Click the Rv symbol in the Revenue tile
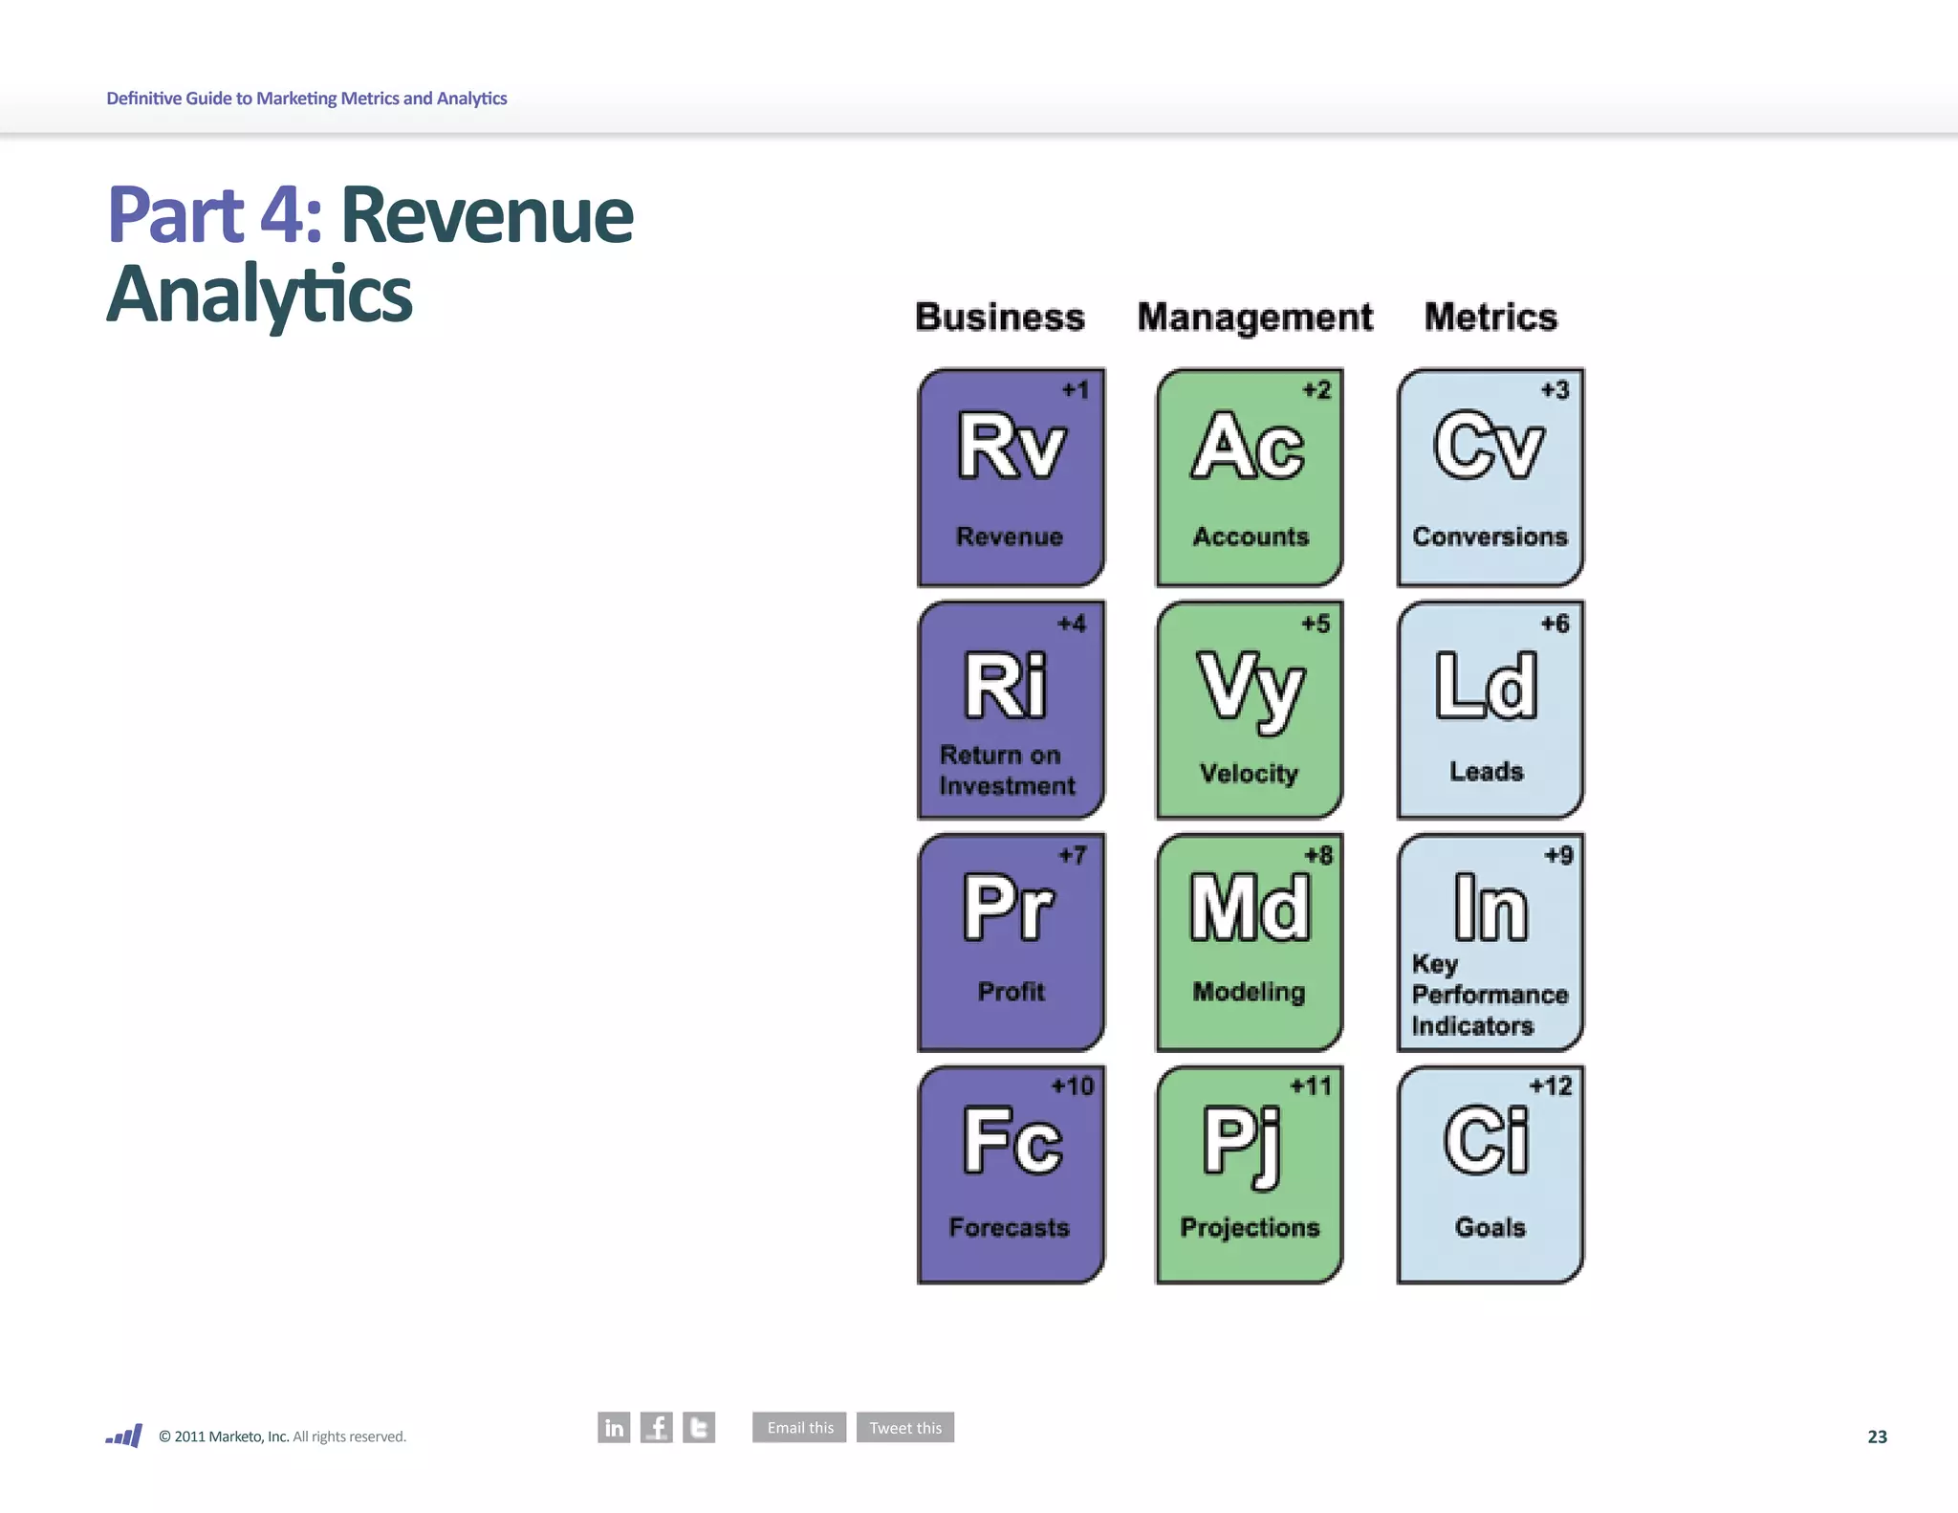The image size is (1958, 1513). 1012,446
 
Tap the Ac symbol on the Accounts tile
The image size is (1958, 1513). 1249,446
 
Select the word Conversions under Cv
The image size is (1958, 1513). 1490,537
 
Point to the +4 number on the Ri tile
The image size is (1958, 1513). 1072,624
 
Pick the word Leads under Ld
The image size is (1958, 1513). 1487,771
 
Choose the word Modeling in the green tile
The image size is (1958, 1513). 1249,992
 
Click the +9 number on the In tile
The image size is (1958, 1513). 1558,855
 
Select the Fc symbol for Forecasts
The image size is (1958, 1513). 1012,1140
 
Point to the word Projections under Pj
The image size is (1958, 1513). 1250,1227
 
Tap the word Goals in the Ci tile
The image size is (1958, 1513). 1490,1227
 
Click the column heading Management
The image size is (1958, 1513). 1254,318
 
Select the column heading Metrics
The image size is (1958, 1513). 1490,318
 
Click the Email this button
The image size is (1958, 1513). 799,1427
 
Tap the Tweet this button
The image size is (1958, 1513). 904,1427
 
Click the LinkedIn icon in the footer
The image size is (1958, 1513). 614,1427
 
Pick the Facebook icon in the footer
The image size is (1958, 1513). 657,1427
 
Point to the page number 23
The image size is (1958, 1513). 1877,1436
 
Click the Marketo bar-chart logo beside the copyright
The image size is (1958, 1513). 124,1436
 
